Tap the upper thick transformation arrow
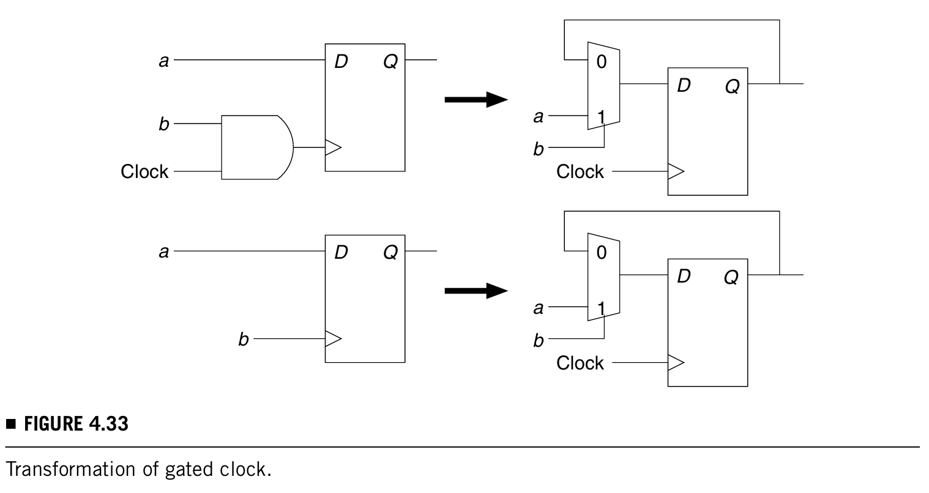coord(476,99)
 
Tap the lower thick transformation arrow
coord(476,291)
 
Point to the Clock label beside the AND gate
coord(144,171)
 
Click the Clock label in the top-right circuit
coord(580,172)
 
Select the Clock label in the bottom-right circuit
coord(580,363)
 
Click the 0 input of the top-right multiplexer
coord(601,62)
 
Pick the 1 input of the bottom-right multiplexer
coord(601,308)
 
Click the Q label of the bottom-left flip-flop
coord(390,252)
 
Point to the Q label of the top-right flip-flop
coord(732,87)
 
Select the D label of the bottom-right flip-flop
coord(684,276)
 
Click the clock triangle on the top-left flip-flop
coord(333,147)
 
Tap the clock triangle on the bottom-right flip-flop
coord(676,363)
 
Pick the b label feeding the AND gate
coord(163,124)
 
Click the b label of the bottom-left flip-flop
coord(243,339)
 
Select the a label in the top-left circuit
coord(163,61)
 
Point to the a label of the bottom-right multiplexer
coord(538,308)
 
